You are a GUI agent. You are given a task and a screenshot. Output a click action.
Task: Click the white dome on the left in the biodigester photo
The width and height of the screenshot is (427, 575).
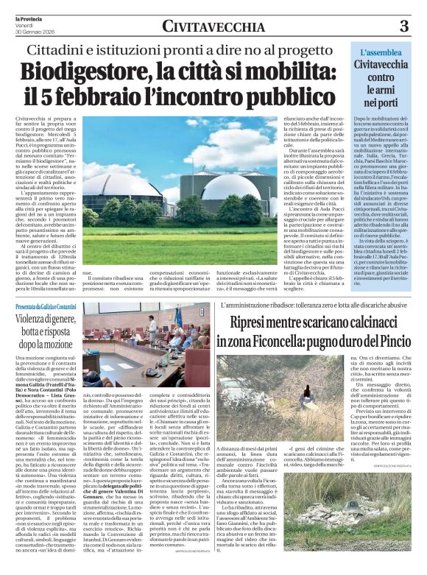click(130, 190)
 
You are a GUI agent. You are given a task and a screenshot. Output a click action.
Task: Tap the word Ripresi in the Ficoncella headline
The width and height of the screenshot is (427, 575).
click(248, 322)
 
